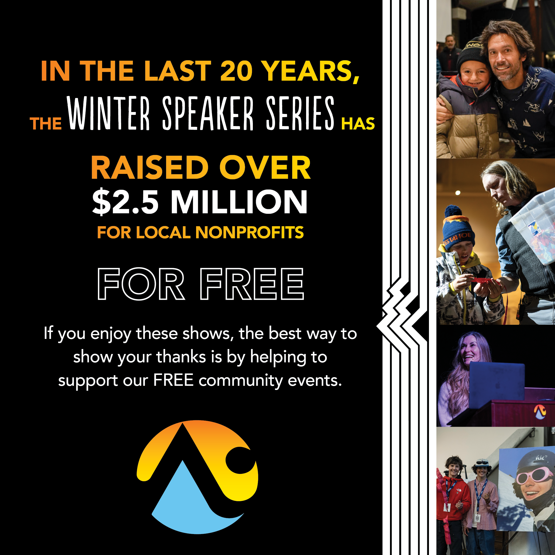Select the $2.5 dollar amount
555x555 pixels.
tap(125, 202)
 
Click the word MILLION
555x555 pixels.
tap(239, 202)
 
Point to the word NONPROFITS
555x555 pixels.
tap(249, 232)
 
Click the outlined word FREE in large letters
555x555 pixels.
tap(252, 284)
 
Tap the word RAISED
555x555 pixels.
tap(150, 168)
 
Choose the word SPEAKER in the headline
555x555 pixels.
tap(208, 113)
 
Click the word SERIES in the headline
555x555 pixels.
tap(300, 113)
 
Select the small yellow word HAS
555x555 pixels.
tap(358, 124)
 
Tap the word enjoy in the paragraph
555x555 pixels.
tap(111, 334)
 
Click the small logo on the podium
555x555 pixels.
tap(540, 412)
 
